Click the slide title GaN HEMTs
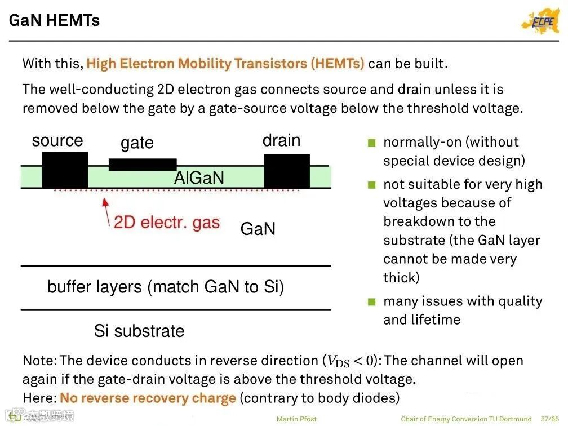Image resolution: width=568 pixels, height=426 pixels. point(54,21)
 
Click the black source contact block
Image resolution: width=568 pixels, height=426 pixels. point(65,170)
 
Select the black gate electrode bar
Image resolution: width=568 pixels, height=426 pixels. point(143,165)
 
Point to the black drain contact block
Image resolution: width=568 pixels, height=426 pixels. point(287,171)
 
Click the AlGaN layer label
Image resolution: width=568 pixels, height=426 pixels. point(199,178)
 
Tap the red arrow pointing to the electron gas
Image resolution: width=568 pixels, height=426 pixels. point(106,212)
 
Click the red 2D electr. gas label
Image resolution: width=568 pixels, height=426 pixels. point(166,222)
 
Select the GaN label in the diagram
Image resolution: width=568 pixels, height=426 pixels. point(258,229)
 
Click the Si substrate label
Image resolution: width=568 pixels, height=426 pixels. point(139,331)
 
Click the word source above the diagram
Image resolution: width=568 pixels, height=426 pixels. point(57,140)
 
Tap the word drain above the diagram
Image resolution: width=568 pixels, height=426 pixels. point(281,140)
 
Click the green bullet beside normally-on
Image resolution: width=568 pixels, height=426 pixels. point(371,143)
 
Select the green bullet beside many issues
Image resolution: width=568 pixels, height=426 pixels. point(371,302)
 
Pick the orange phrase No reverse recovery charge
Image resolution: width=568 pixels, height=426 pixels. point(148,398)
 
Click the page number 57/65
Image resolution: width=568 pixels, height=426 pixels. point(551,419)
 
